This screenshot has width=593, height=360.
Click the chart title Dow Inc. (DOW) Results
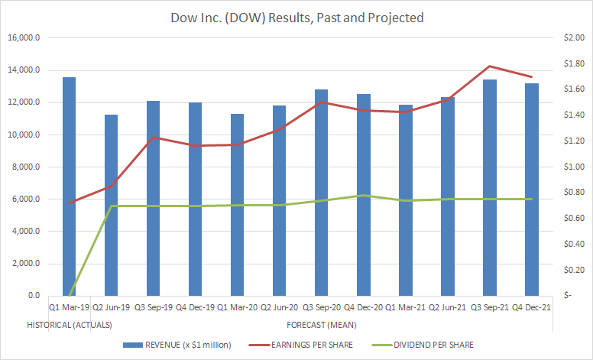point(296,17)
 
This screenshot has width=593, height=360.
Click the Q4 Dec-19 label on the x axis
point(195,307)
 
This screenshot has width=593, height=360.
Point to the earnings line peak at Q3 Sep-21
point(490,66)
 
